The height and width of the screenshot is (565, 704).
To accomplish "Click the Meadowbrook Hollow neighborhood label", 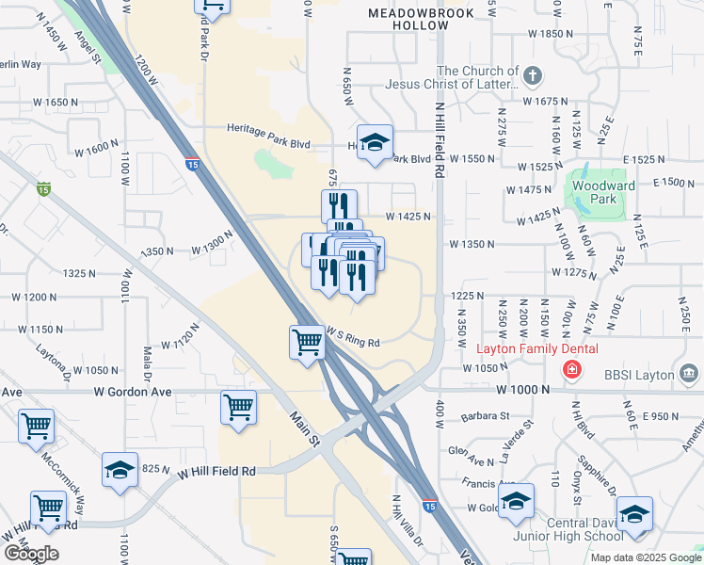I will tap(408, 20).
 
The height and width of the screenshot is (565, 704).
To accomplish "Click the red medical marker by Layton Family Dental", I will tap(571, 370).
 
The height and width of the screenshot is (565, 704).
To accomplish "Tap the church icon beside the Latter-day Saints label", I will tap(532, 75).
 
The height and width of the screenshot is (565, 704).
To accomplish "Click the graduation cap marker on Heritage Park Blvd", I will tap(375, 142).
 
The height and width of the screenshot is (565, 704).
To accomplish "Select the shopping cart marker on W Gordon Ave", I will tap(238, 408).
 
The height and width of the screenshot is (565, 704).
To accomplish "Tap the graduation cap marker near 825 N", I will tap(120, 469).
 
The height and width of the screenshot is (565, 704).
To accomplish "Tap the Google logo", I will tap(31, 554).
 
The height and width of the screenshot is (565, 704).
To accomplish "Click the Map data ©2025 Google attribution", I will tap(645, 557).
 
